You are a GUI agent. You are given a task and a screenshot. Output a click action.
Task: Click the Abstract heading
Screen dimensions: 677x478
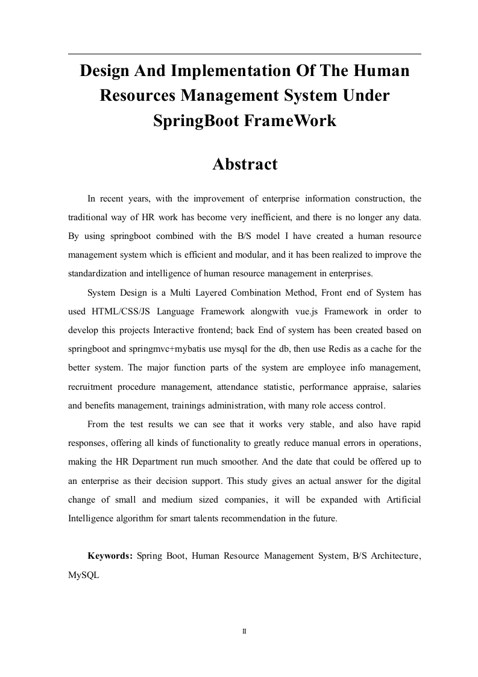tap(245, 164)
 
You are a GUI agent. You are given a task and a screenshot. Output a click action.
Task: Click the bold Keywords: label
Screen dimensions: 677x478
tap(110, 555)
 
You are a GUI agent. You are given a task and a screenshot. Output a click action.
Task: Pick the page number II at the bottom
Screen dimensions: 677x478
tap(244, 631)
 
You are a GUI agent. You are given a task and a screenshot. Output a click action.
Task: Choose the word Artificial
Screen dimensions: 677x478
tap(398, 500)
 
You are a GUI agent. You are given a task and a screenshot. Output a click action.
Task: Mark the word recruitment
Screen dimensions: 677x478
tap(93, 386)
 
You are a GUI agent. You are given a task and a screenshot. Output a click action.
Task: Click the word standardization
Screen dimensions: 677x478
tap(97, 273)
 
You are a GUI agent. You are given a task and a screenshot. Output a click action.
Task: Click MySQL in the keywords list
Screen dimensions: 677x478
tap(84, 575)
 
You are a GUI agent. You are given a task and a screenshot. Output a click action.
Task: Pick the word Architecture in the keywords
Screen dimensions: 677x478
tap(392, 555)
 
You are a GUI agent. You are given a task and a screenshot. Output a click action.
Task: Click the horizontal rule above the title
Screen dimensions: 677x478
tap(244, 54)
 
